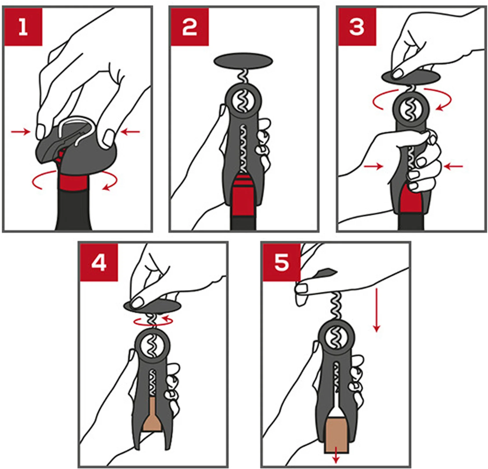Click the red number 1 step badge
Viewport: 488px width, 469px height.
tap(23, 27)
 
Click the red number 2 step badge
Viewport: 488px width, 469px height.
tap(190, 27)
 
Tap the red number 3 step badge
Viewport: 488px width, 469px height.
tap(357, 27)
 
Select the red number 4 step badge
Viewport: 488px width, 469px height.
tap(99, 263)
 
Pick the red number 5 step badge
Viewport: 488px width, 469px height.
tap(282, 263)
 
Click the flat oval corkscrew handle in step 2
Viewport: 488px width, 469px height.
tap(243, 61)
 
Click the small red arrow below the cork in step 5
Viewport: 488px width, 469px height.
tap(336, 455)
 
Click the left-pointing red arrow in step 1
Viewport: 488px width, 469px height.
tap(130, 132)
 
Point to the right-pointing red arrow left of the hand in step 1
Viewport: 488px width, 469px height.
tap(21, 132)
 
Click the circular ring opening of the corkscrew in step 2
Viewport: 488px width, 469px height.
tap(243, 101)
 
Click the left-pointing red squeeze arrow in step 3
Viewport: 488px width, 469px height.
tap(453, 166)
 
